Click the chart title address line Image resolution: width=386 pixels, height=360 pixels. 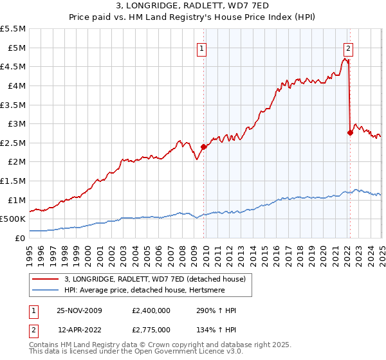pos(192,6)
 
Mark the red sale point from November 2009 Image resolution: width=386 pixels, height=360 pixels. pos(204,147)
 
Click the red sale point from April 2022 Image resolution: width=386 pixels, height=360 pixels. pos(350,132)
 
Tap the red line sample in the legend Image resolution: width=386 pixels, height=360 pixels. pos(46,278)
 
